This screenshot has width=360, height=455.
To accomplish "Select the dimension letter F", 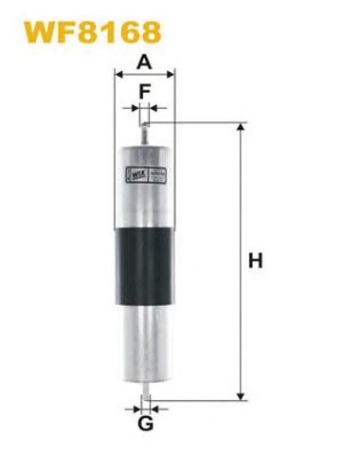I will (x=145, y=92).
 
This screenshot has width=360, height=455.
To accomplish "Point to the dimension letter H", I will (x=255, y=260).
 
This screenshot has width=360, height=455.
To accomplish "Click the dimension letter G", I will (x=146, y=424).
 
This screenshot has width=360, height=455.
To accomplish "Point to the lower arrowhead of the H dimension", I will (x=242, y=394).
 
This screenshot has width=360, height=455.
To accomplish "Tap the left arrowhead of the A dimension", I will (x=118, y=77).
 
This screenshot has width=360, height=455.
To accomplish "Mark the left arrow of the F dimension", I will (x=133, y=110).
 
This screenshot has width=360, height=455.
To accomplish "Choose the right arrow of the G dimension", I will (x=157, y=409).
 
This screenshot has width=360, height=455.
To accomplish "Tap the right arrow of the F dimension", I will (x=155, y=110).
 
